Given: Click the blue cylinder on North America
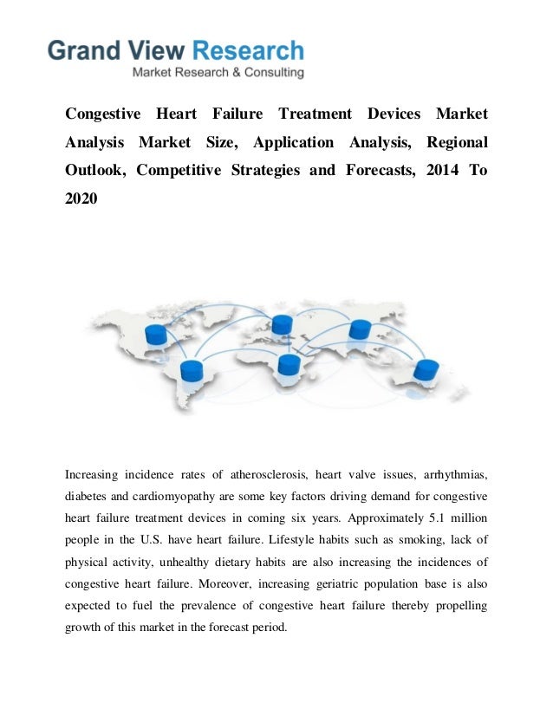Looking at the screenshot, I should click(x=157, y=335).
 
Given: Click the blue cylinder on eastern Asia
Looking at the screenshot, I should click(x=360, y=329).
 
